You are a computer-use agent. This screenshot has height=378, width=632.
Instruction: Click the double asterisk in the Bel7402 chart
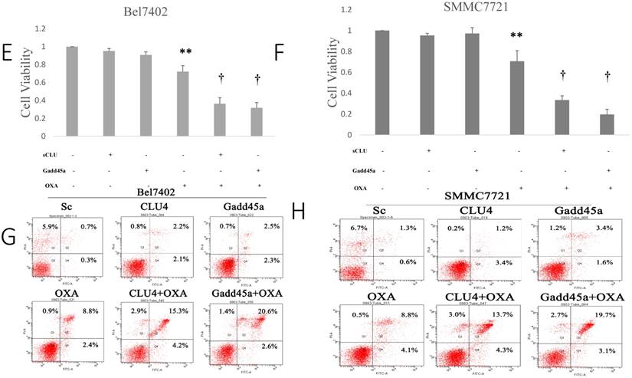[185, 52]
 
